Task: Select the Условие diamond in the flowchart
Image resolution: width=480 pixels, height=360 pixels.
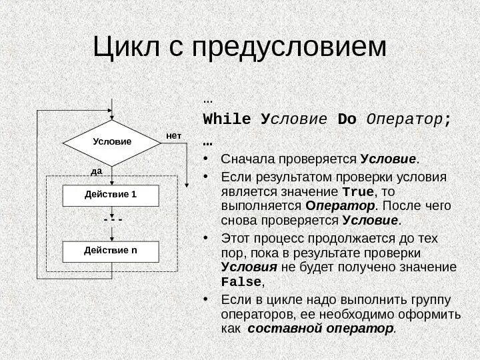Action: pyautogui.click(x=113, y=143)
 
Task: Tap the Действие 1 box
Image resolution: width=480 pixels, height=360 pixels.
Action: pyautogui.click(x=112, y=195)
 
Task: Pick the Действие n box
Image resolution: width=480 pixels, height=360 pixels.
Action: pyautogui.click(x=112, y=251)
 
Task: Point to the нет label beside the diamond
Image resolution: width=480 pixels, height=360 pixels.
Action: pyautogui.click(x=174, y=135)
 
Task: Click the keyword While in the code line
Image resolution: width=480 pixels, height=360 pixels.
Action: pyautogui.click(x=227, y=119)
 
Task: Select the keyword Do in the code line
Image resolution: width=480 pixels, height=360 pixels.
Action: pyautogui.click(x=347, y=119)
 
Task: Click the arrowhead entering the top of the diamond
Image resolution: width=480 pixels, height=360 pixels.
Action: pyautogui.click(x=113, y=116)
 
